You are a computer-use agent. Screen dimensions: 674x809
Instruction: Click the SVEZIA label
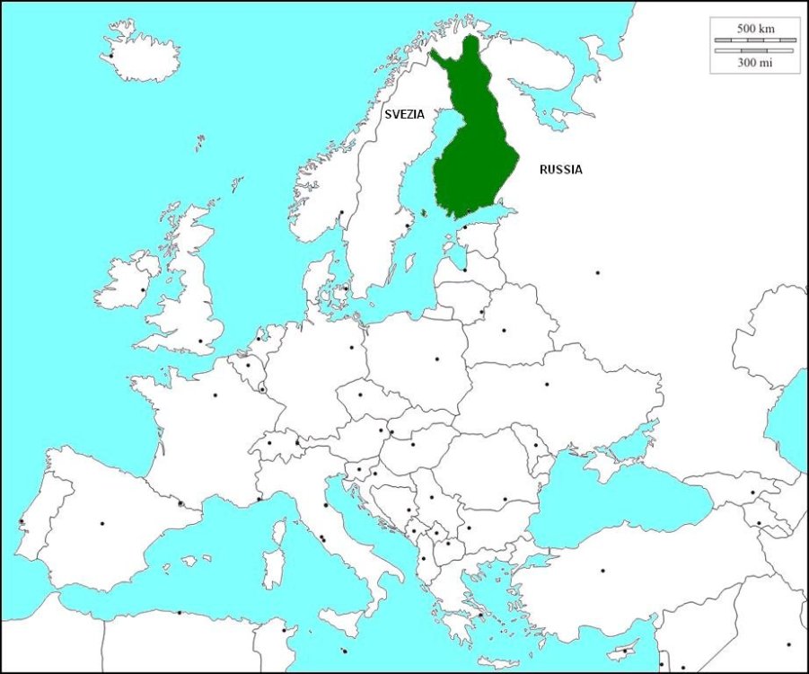tap(404, 114)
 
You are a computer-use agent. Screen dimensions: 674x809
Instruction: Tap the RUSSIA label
tap(560, 169)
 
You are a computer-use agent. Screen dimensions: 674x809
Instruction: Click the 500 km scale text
tap(755, 29)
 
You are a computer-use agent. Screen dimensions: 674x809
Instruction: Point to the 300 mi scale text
tap(755, 62)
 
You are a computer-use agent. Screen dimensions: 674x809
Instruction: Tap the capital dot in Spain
tap(101, 523)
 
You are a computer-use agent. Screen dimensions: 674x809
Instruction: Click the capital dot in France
tap(215, 395)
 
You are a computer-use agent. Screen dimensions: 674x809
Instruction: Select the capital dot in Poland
tap(437, 359)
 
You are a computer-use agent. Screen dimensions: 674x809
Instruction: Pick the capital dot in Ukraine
tap(547, 385)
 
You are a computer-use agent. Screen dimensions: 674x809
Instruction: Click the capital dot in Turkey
tap(602, 570)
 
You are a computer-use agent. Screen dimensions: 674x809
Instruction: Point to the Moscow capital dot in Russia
tap(597, 272)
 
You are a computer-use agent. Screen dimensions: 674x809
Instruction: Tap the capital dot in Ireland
tap(143, 289)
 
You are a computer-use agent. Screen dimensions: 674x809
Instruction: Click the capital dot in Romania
tap(505, 499)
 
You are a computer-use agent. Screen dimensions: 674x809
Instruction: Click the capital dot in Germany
tap(351, 346)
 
